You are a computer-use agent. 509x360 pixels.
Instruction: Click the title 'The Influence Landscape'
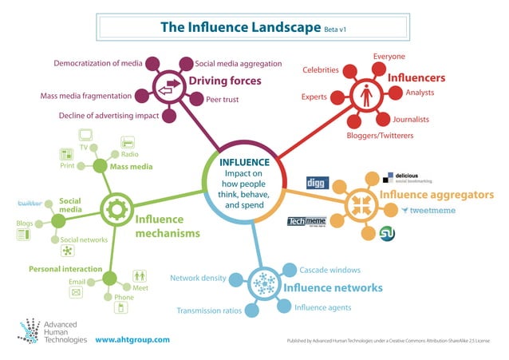[x=239, y=26]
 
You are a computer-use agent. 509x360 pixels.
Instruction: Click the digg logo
[x=317, y=183]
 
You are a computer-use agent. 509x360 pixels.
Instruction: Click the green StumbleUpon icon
[x=389, y=234]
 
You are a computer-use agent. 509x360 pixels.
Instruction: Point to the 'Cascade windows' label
[x=329, y=270]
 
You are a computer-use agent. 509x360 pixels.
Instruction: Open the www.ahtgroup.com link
[x=132, y=339]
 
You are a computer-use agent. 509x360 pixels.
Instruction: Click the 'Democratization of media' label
[x=97, y=62]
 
